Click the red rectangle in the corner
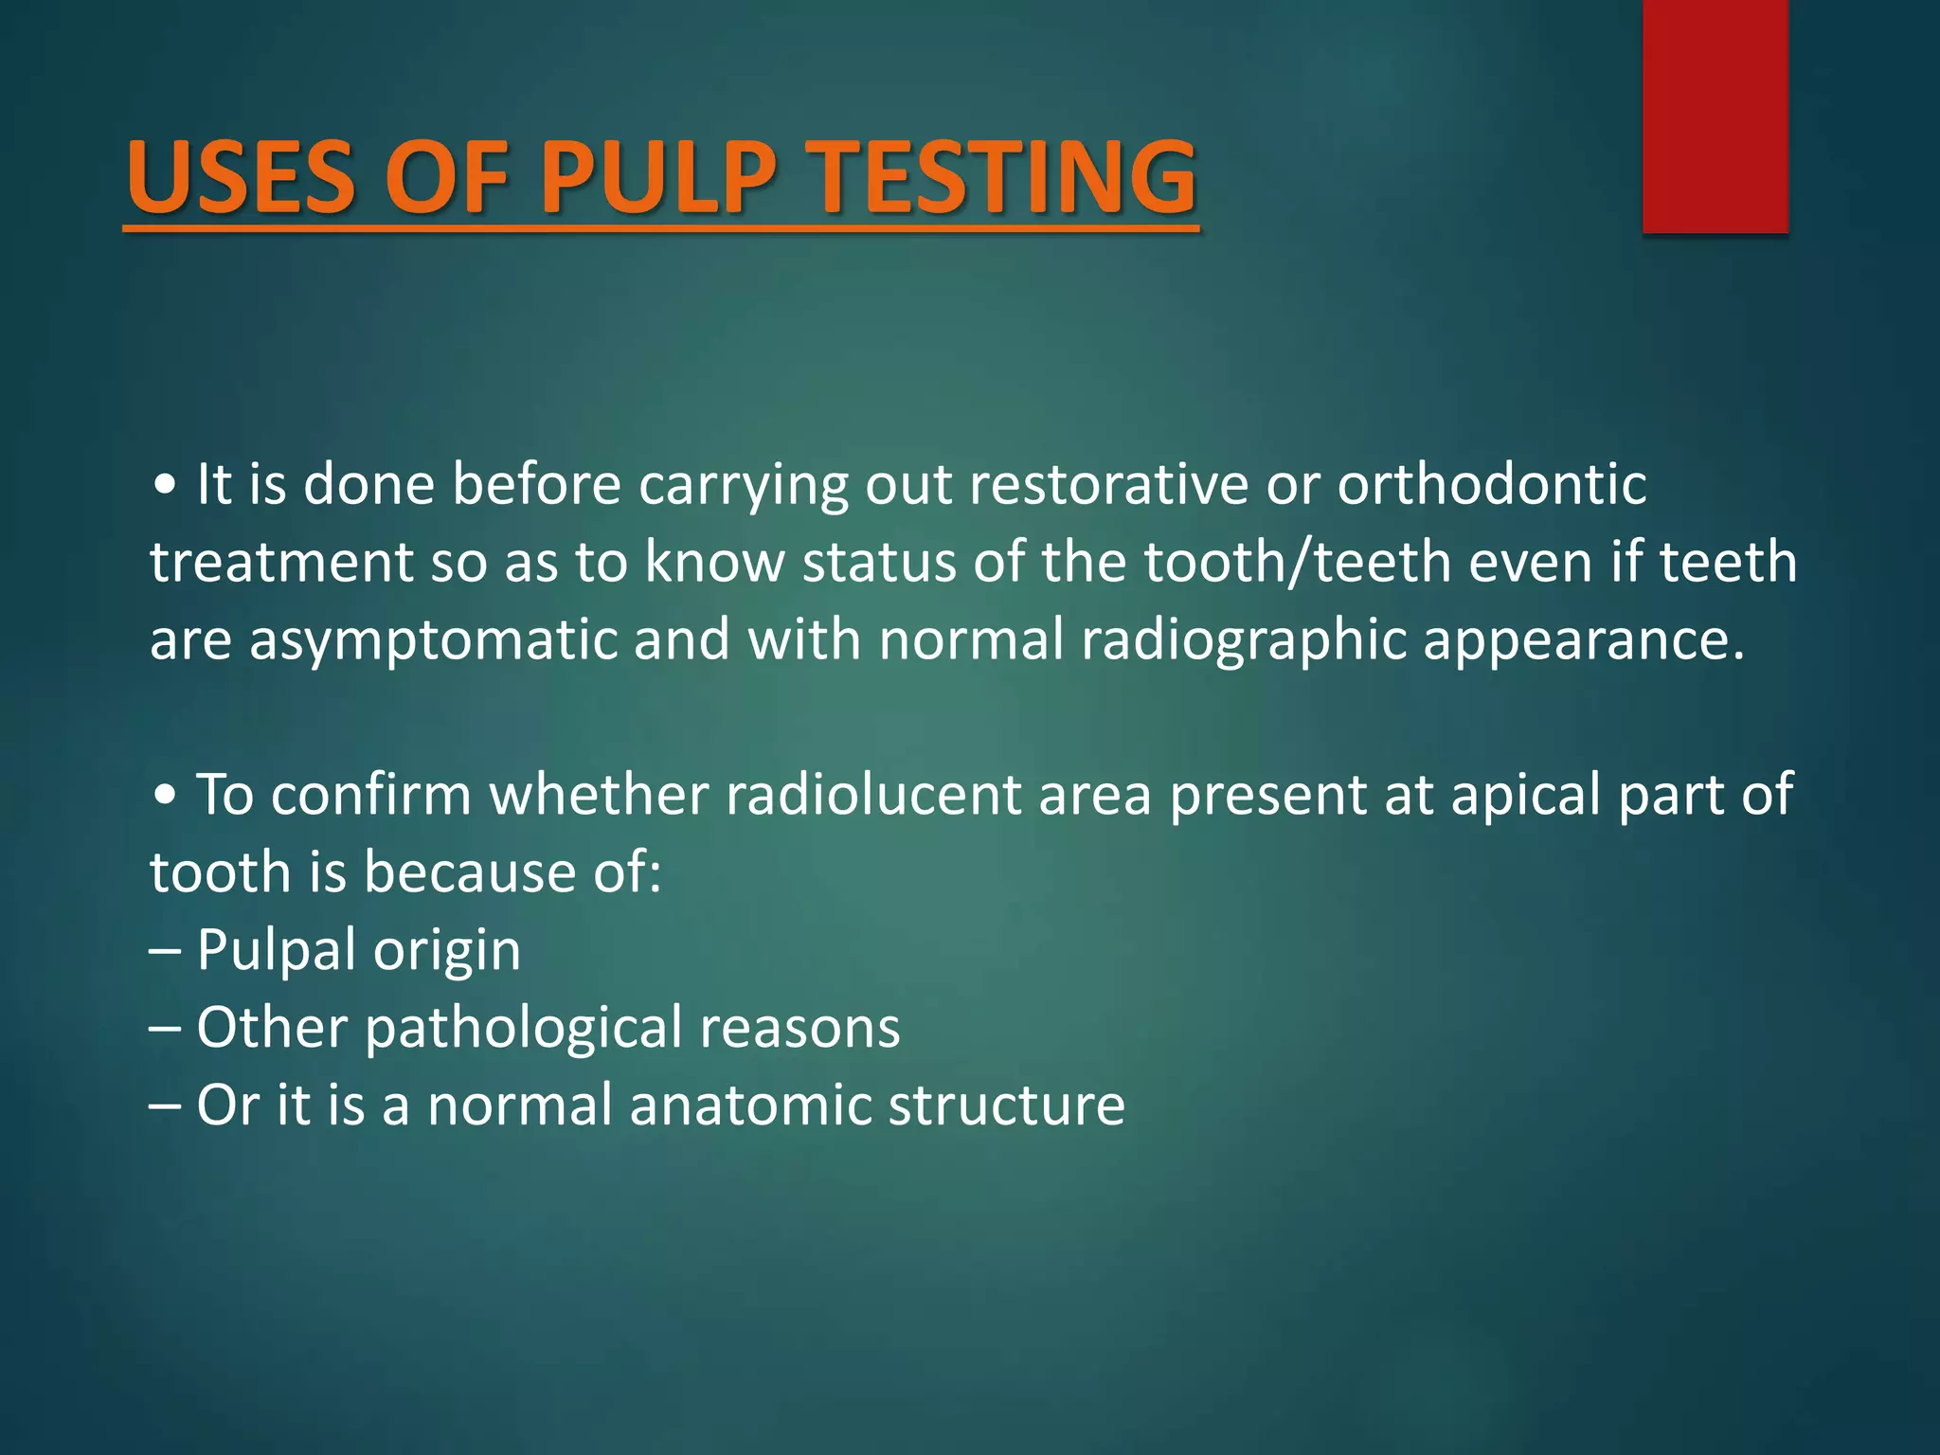[1715, 116]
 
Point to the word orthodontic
[1491, 485]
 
